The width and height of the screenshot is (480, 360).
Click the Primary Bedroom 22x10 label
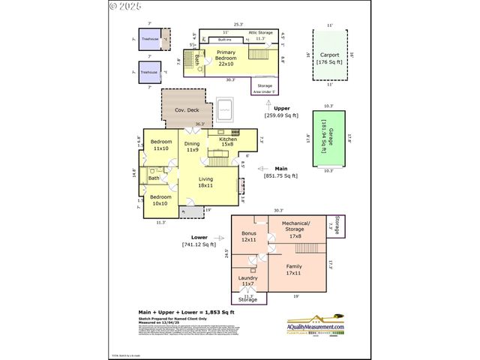click(x=226, y=61)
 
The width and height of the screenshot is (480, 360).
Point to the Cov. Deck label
click(x=186, y=110)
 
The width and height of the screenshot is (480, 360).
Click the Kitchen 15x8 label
click(x=228, y=142)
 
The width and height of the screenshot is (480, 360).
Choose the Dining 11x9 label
click(x=193, y=146)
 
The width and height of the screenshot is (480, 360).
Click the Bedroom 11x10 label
click(x=161, y=145)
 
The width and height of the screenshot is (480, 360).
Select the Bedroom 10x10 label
click(x=161, y=200)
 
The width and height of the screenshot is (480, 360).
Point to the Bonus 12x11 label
click(x=249, y=236)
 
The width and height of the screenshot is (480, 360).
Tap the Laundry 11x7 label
click(x=247, y=281)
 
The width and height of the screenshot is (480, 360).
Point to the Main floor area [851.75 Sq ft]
click(x=281, y=172)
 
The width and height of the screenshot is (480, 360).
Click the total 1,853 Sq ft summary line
click(x=187, y=312)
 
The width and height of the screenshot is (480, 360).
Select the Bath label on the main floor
click(x=154, y=178)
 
